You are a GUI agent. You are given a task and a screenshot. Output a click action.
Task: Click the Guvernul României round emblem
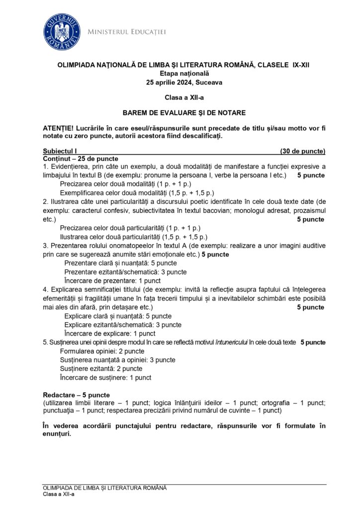click(62, 28)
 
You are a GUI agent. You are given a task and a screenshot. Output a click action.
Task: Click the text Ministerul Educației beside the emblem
click(126, 32)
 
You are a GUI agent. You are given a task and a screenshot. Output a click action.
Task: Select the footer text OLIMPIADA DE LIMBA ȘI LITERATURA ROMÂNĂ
click(105, 488)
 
